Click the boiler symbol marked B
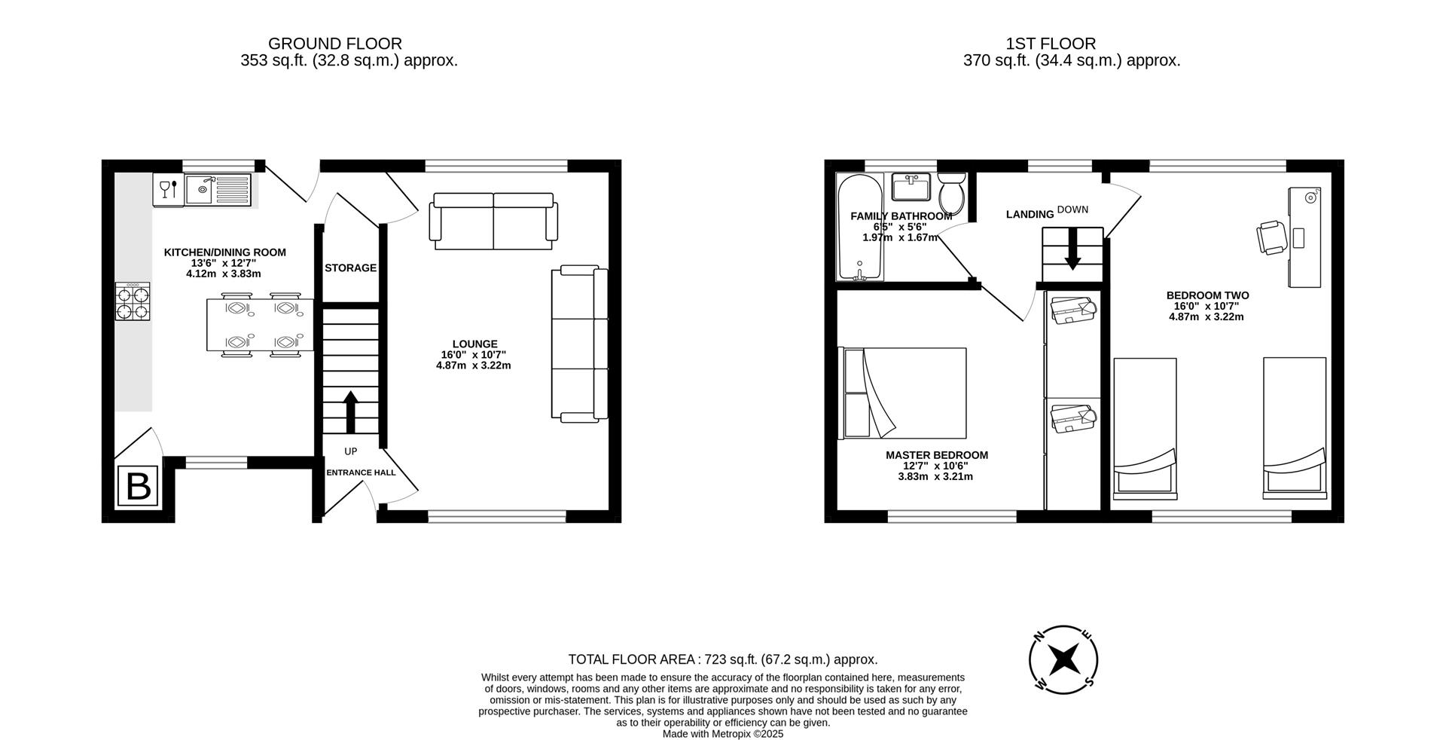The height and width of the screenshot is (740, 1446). point(138,486)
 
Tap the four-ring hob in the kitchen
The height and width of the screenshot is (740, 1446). point(133,301)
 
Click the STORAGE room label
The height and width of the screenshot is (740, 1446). point(350,268)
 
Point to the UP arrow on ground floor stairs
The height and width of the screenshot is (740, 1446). point(350,411)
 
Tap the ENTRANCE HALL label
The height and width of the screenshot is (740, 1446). point(361,472)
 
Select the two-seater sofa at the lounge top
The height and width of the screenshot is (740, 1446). point(494,221)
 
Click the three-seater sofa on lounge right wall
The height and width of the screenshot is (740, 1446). point(580,343)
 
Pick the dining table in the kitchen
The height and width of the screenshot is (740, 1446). point(261,325)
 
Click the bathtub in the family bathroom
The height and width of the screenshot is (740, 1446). point(859,228)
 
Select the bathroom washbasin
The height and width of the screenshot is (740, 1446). point(911,186)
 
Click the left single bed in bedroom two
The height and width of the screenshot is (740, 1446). point(1145,427)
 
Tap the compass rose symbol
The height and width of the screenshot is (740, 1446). point(1063,659)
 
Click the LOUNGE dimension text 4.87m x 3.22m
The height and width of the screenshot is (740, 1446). point(473,365)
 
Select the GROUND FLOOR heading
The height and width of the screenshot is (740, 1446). point(334,44)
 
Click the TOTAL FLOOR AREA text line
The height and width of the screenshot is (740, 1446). point(722,659)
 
